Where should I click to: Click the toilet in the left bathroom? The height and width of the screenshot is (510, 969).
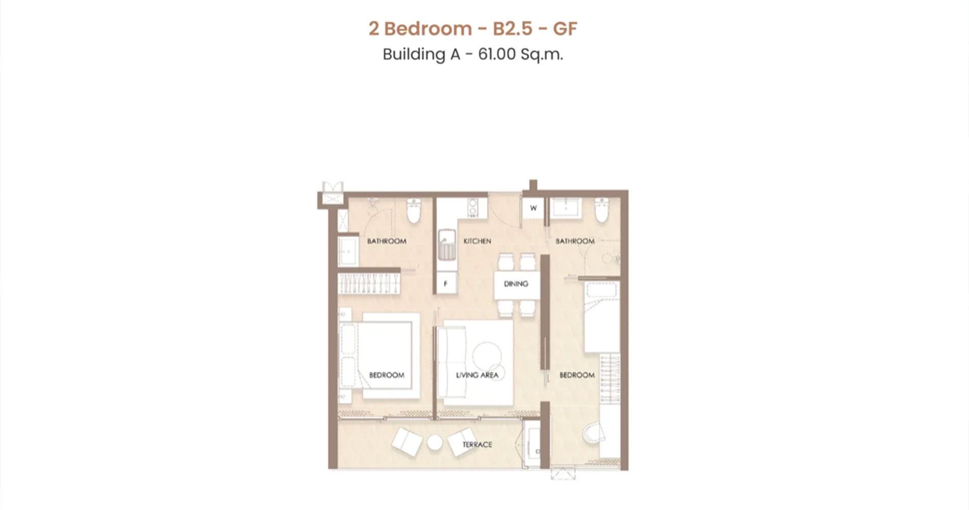tap(413, 211)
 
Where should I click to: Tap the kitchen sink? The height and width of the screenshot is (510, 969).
tap(447, 244)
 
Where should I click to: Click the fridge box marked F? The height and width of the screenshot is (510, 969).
tap(446, 284)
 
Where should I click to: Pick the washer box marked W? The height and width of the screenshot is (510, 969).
tap(533, 208)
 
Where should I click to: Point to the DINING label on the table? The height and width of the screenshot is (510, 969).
tap(516, 284)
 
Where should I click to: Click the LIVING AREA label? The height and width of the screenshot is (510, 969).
tap(477, 375)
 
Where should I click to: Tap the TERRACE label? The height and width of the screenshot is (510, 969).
tap(477, 445)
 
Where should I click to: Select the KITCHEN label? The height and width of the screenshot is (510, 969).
tap(477, 241)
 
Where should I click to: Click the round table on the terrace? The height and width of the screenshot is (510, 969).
tap(435, 443)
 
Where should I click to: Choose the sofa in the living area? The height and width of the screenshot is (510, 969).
tap(452, 363)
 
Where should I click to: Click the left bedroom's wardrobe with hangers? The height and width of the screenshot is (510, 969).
tap(368, 283)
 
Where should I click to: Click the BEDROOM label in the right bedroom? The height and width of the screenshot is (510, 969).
tap(577, 375)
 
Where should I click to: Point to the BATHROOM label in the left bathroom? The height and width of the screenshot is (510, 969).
tap(387, 241)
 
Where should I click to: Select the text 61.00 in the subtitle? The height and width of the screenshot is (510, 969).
tap(497, 54)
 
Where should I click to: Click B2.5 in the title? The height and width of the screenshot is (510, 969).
tap(512, 29)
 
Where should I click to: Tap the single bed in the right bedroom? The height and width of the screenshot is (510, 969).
tap(602, 316)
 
